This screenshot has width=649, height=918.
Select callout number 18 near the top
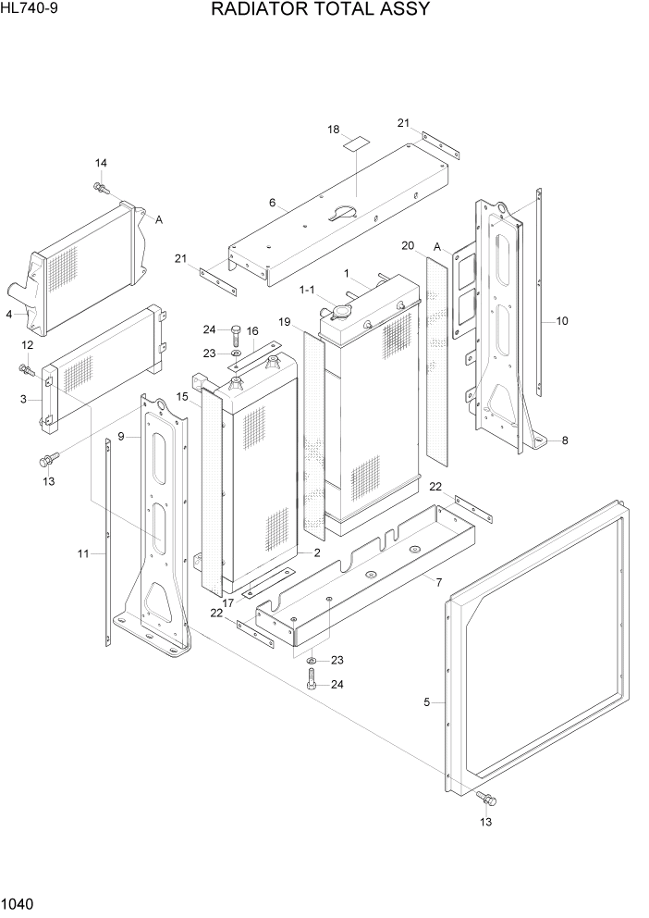click(x=334, y=130)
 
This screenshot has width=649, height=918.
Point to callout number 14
click(x=101, y=164)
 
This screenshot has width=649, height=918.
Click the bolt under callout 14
click(x=101, y=189)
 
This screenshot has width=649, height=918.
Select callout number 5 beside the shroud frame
click(x=427, y=702)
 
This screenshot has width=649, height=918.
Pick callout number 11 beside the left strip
click(x=83, y=553)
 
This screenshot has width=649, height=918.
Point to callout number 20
click(x=408, y=245)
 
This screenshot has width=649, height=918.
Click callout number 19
click(x=285, y=322)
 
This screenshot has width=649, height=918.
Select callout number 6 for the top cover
click(x=272, y=203)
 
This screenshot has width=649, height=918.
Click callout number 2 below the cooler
click(x=316, y=552)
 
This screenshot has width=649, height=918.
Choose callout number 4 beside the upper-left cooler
click(x=8, y=315)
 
